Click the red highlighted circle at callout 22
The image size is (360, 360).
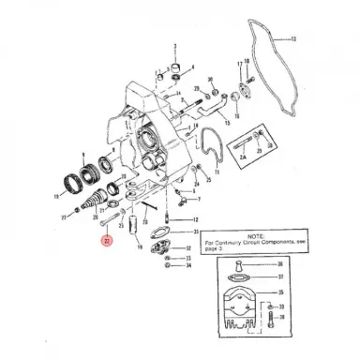tap(106, 241)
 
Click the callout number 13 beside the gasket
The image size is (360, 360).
tap(292, 39)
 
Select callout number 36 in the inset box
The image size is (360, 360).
tap(279, 278)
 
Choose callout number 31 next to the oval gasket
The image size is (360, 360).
tap(194, 232)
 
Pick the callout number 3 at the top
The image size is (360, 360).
tap(173, 45)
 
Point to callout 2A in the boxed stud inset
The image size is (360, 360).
tap(242, 158)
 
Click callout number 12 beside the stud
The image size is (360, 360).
tap(194, 218)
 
